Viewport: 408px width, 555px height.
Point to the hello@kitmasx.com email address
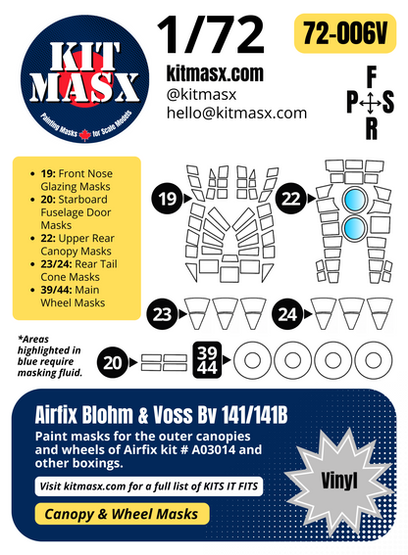pyautogui.click(x=236, y=113)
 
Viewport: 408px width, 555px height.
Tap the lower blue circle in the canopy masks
pyautogui.click(x=352, y=232)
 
